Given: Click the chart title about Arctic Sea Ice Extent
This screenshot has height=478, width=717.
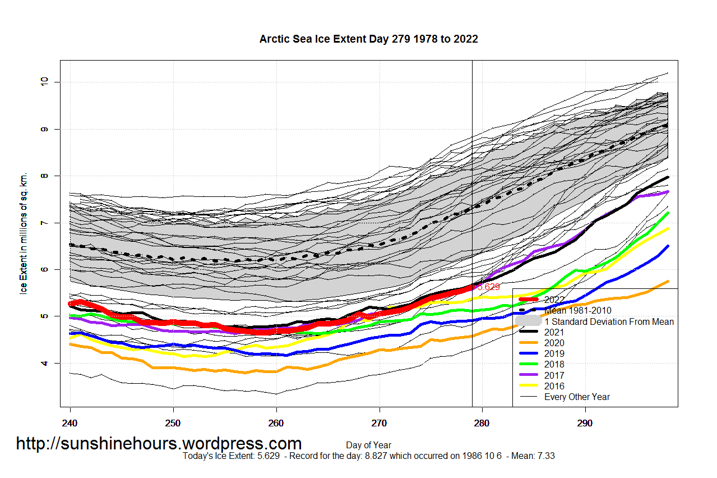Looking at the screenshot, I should pos(368,39).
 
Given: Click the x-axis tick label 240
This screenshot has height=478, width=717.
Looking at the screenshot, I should pos(70,422).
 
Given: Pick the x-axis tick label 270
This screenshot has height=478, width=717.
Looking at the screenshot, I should pos(380,422).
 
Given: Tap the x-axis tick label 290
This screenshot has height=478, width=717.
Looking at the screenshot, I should pos(585,422).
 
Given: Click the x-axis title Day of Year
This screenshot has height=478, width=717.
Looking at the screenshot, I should pos(368,445).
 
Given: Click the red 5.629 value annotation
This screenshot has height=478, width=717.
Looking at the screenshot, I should pos(487,287).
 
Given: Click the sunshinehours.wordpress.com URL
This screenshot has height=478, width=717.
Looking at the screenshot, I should pos(159,444).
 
